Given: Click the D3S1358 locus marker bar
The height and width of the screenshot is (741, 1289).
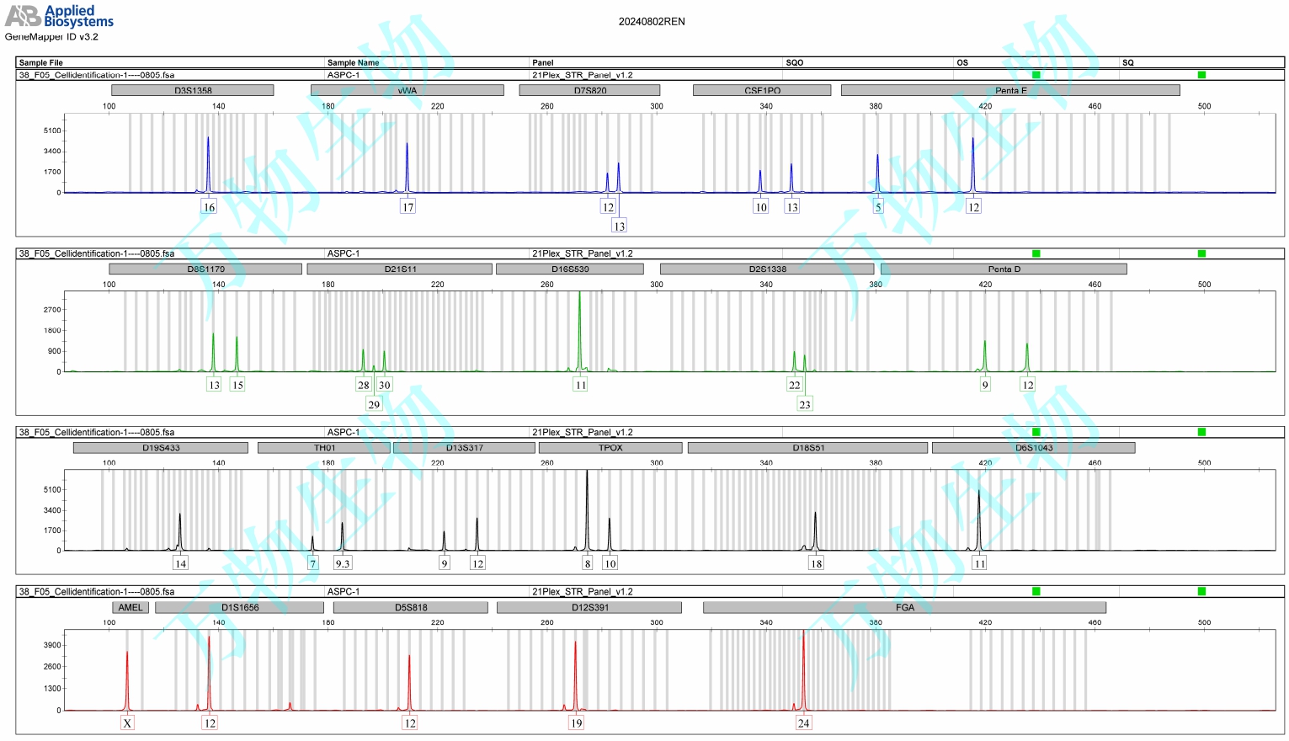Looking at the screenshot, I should tap(193, 90).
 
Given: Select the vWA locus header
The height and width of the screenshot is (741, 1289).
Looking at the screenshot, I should tap(407, 90).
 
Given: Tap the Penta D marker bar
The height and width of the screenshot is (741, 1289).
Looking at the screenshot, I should tap(1004, 269).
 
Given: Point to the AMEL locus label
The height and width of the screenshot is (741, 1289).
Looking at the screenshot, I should tap(130, 607).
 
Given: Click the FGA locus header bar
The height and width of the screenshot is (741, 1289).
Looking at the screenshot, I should tap(904, 607).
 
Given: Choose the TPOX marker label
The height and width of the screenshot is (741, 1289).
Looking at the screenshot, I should tap(610, 448).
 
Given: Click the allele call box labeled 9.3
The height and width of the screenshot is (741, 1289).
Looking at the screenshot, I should tap(343, 563).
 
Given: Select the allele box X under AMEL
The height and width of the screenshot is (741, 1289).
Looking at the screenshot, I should tap(127, 722).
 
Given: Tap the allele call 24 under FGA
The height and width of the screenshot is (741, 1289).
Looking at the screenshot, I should tap(803, 722).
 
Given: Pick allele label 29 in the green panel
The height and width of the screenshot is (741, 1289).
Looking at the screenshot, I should tap(374, 404).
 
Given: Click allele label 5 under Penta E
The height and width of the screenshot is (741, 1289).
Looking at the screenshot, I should tap(878, 207).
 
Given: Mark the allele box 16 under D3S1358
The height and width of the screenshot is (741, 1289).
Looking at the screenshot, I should tap(209, 207).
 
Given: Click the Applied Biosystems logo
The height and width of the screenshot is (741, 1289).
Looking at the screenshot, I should tap(59, 15).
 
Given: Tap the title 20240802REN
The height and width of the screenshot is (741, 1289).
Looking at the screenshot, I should tap(652, 22).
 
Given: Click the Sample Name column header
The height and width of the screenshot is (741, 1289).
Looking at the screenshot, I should tap(353, 62).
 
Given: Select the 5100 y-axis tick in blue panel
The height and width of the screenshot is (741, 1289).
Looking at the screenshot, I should tap(52, 131).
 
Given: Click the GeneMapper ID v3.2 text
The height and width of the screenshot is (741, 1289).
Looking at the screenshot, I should tap(51, 37).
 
